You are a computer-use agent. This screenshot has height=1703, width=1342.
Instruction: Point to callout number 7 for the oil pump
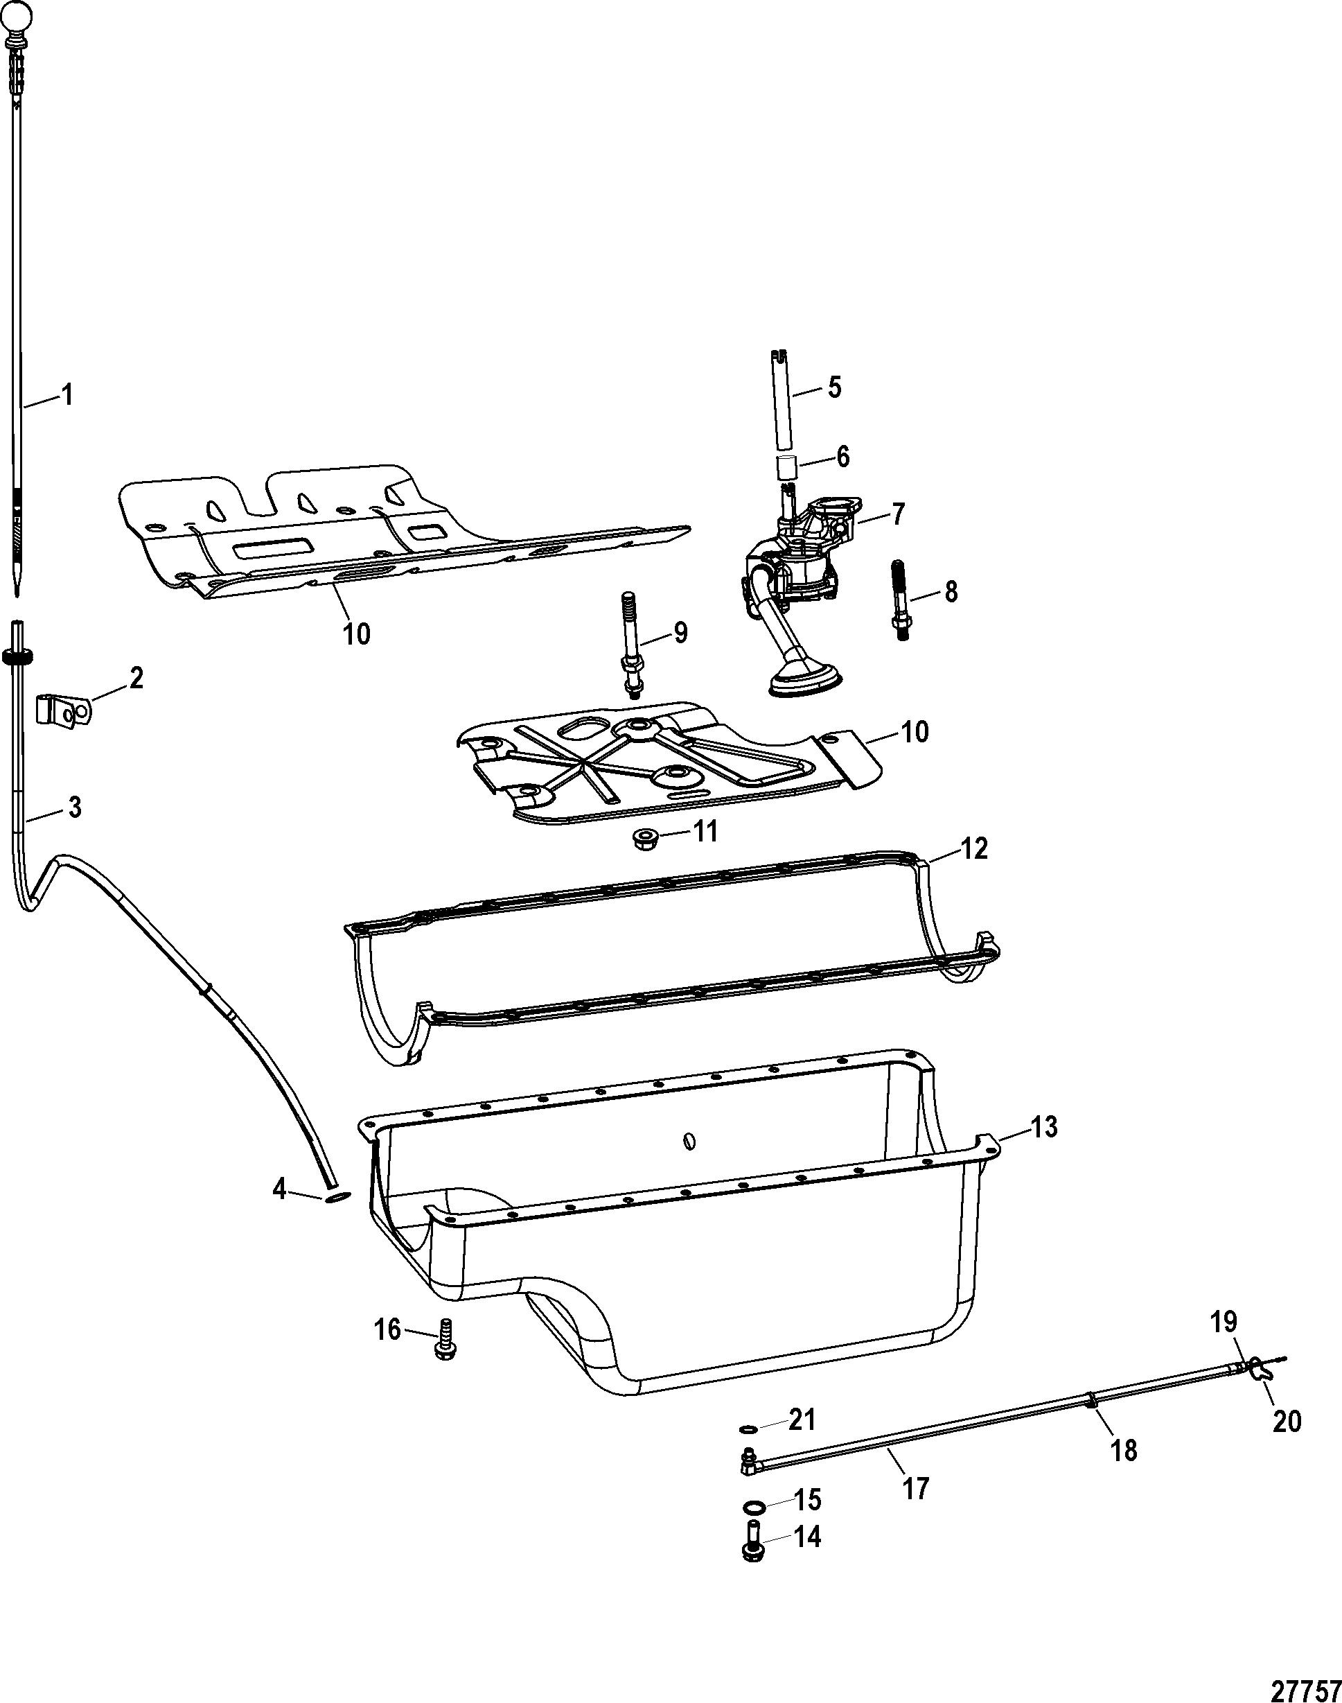pyautogui.click(x=897, y=515)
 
